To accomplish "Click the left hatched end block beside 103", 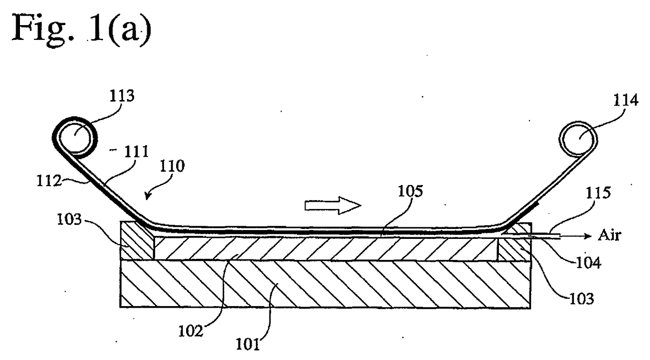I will (137, 241).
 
